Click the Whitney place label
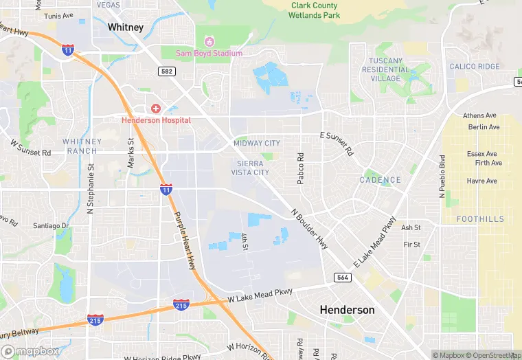click(126, 27)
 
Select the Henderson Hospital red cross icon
click(156, 109)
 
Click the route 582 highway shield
click(166, 71)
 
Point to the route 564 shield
click(343, 278)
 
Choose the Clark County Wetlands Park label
click(314, 10)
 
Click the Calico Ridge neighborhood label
click(475, 67)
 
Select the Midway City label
click(257, 143)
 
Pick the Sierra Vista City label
click(253, 168)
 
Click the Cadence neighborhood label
click(380, 180)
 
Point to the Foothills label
click(480, 219)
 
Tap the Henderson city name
click(348, 310)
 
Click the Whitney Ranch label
click(82, 146)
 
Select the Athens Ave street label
click(479, 116)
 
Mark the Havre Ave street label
click(481, 181)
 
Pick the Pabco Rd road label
click(300, 169)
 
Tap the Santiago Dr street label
click(52, 226)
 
